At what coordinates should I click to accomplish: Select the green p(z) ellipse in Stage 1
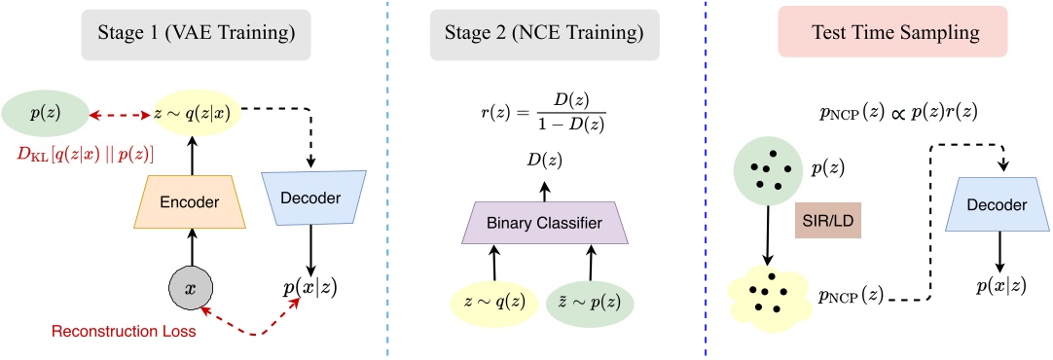[x=44, y=113]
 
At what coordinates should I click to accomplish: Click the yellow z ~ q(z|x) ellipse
[x=198, y=113]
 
